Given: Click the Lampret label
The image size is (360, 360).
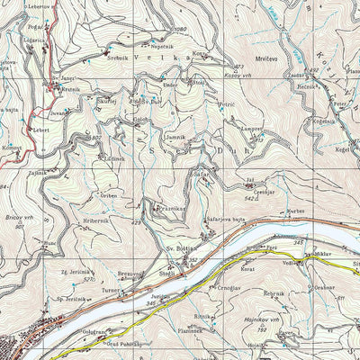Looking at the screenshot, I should (x=251, y=130).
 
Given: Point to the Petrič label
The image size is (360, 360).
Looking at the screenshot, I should (x=227, y=105).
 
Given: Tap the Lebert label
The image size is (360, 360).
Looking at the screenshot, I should (x=41, y=130).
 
